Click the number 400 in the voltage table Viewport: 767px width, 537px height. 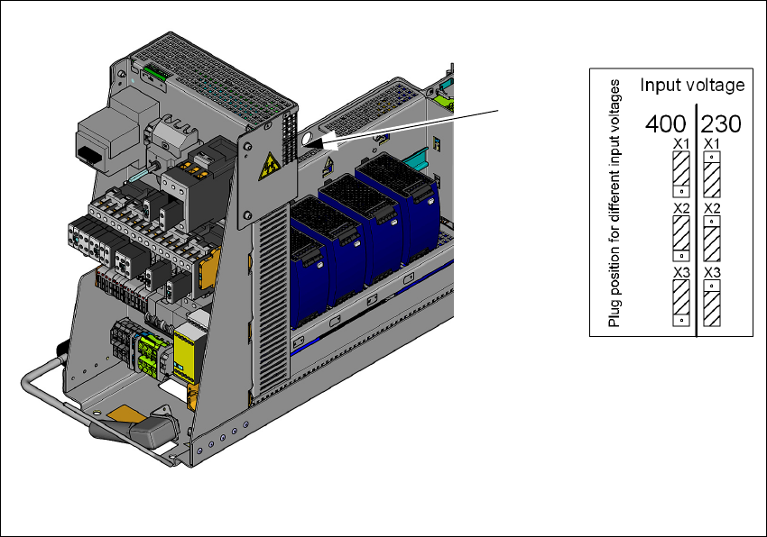[x=666, y=124]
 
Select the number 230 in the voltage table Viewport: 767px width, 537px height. [x=721, y=124]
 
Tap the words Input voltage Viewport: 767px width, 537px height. [x=692, y=85]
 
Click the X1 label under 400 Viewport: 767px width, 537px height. [x=681, y=144]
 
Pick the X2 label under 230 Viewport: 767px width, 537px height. [x=712, y=209]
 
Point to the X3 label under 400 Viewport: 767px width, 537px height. [x=681, y=273]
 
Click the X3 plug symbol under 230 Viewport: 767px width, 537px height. [x=712, y=303]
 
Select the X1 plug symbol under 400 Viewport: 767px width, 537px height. [x=681, y=175]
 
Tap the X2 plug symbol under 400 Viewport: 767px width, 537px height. [x=681, y=239]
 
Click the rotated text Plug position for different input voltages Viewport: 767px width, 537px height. [x=614, y=204]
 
